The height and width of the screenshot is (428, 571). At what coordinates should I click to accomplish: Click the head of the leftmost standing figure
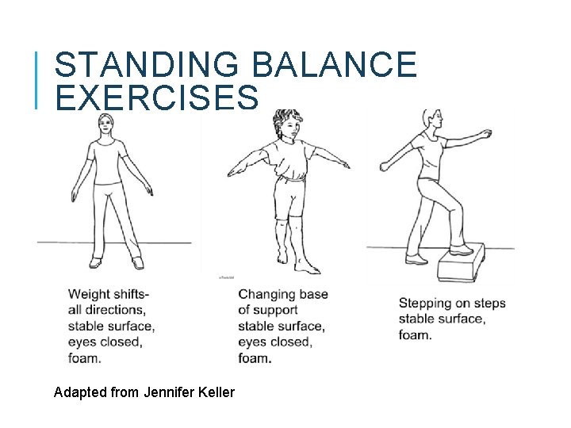click(x=105, y=124)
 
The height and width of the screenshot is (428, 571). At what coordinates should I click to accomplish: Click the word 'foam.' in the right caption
click(x=415, y=334)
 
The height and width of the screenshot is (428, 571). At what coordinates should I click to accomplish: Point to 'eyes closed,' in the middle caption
click(x=275, y=342)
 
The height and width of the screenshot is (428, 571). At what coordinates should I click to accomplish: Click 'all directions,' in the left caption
click(x=107, y=310)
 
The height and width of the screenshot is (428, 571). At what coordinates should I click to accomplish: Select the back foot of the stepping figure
click(x=416, y=258)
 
